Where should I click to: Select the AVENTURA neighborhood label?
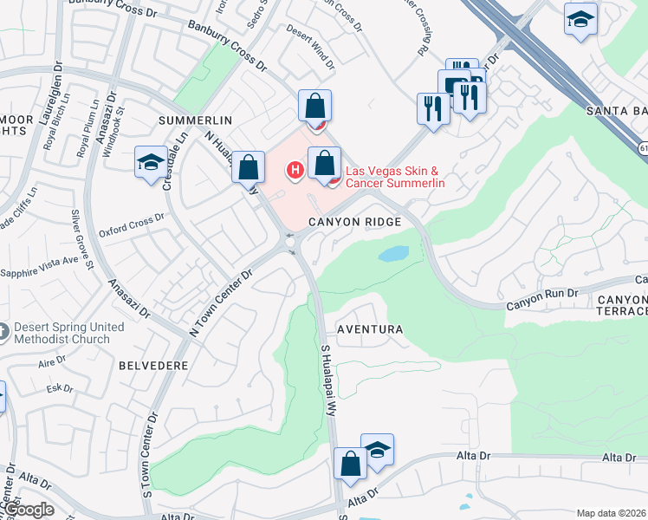coord(370,330)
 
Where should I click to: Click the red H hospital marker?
coord(295,169)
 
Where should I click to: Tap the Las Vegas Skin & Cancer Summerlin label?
coord(395,177)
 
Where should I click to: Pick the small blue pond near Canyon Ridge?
coord(393,255)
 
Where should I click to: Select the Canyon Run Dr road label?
coord(541,295)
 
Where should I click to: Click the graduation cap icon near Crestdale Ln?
coord(151,162)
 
